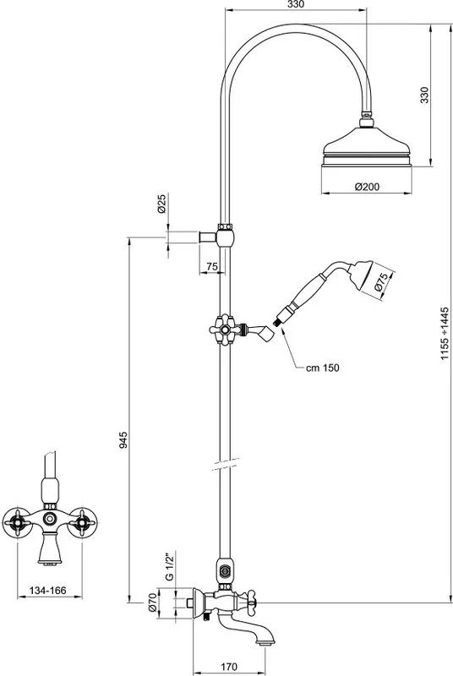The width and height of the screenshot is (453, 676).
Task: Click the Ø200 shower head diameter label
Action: click(x=368, y=187)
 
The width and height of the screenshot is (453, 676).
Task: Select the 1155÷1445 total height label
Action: click(x=445, y=334)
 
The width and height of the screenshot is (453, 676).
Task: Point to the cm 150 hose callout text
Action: click(x=322, y=368)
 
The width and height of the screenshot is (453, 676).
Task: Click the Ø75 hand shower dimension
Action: click(x=379, y=282)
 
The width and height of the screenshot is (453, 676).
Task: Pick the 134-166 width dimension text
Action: click(x=48, y=590)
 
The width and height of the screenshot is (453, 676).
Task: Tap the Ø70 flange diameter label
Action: click(x=152, y=603)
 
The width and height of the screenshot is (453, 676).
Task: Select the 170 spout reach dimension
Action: click(x=228, y=667)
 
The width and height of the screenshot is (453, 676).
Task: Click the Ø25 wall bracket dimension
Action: click(x=161, y=204)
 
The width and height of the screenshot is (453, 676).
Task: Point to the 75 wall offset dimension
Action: click(x=212, y=267)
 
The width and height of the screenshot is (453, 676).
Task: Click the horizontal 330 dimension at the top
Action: click(x=296, y=4)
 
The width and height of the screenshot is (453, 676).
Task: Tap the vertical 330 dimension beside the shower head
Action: click(x=425, y=95)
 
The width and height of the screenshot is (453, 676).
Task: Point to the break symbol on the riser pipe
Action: click(x=226, y=463)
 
